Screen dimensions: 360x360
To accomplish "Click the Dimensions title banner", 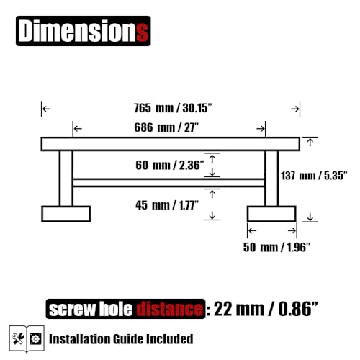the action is (84, 31).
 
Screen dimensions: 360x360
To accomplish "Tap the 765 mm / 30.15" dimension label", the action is (173, 108).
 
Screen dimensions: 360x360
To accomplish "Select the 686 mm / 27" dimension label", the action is (166, 127).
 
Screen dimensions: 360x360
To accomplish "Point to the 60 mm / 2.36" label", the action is (170, 165).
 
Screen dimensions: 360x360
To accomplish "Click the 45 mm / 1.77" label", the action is (167, 205).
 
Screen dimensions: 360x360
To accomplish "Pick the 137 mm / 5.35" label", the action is (314, 176).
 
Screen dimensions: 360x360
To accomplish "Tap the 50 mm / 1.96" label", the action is (276, 247).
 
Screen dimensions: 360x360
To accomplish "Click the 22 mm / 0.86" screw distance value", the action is (266, 309).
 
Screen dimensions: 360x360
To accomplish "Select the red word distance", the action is (170, 309).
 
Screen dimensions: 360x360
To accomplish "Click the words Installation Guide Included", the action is (121, 339).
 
